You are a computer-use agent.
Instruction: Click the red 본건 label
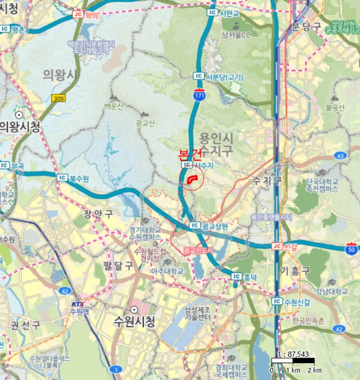193,155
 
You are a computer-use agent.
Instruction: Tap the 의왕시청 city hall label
20,127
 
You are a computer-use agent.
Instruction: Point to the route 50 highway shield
352,249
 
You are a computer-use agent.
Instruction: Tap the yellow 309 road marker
58,98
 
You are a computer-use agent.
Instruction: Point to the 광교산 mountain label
146,124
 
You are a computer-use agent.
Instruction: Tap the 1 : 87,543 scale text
293,354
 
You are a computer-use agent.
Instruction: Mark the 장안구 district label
99,213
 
